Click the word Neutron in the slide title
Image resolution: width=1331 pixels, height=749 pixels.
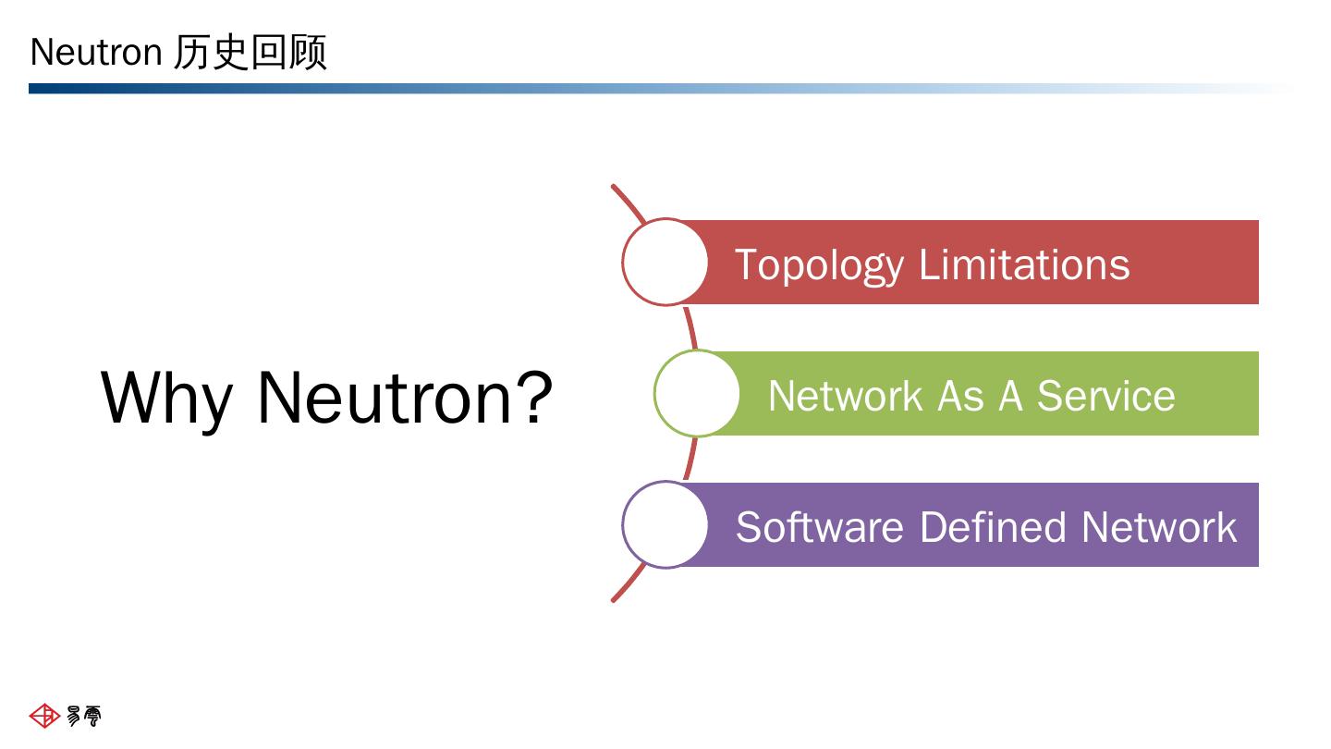coord(96,53)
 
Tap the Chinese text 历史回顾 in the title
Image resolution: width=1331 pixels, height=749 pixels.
coord(250,53)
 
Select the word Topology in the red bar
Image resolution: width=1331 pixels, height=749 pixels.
coord(819,265)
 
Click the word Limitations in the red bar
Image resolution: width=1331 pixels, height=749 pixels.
coord(1024,264)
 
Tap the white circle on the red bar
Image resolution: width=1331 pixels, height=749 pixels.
coord(665,263)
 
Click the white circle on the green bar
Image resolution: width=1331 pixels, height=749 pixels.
coord(696,394)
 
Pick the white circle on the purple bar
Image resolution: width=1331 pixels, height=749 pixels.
coord(665,525)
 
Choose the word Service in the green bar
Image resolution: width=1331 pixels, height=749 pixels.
coord(1105,396)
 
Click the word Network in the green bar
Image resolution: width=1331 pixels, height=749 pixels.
coord(845,396)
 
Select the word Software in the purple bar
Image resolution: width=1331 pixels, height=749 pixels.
coord(820,527)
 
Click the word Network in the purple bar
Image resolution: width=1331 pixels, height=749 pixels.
coord(1159,527)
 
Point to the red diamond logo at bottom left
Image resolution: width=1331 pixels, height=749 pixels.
coord(44,716)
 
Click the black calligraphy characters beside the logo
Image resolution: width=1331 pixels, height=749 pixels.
coord(84,716)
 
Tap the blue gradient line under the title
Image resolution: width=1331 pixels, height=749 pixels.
coord(660,89)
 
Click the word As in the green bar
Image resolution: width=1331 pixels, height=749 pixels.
coord(960,396)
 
